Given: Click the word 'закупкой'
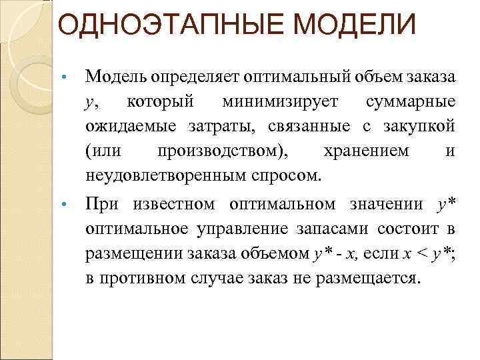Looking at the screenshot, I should (420, 127).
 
